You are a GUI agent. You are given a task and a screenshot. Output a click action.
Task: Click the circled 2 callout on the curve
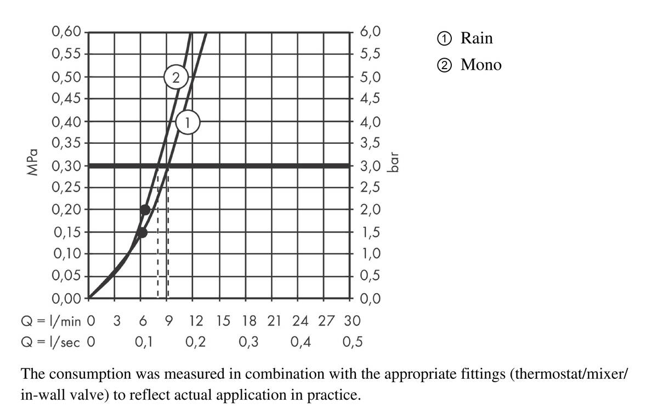coord(175,76)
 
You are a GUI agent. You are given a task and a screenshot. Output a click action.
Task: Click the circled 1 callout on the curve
coord(188,122)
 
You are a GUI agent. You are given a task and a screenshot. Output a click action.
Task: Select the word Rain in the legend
coord(477,38)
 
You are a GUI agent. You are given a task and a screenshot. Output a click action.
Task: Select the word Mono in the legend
coord(481,65)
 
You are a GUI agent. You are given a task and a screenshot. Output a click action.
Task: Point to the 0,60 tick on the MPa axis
coord(66,32)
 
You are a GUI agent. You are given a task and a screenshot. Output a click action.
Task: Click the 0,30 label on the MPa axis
coord(66,166)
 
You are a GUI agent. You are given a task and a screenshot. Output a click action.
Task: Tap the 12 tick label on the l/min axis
coord(196,320)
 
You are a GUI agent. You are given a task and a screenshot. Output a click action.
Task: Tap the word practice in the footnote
coord(337,395)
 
